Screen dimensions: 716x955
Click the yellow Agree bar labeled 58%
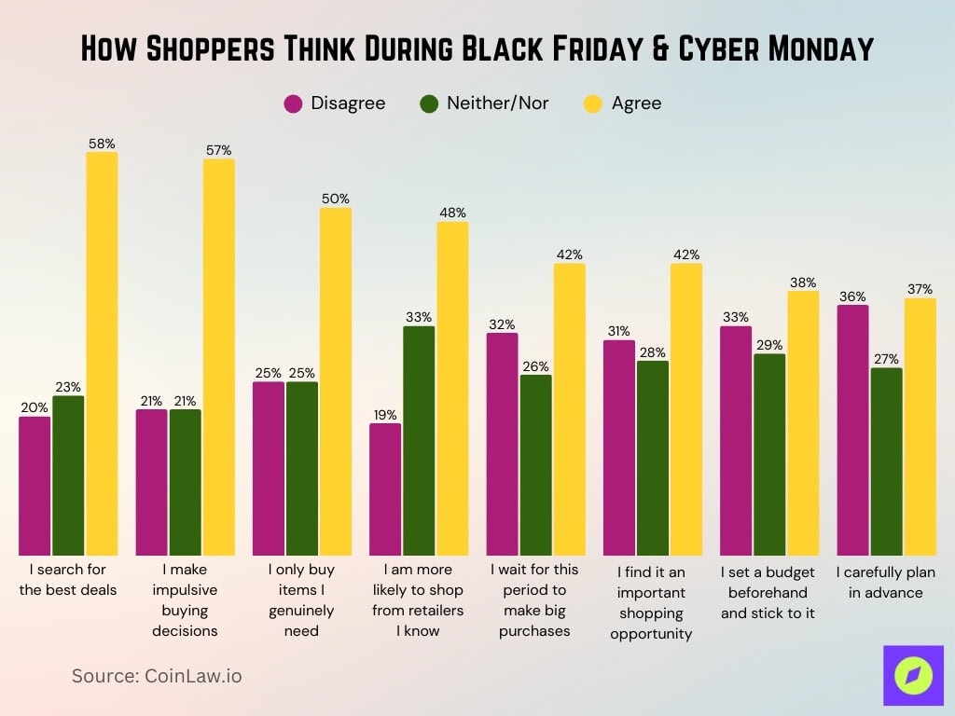103,354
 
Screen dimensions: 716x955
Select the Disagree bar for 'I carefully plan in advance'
852,430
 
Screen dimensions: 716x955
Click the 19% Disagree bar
385,489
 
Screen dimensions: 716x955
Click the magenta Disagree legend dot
293,103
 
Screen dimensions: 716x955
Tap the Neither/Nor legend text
497,103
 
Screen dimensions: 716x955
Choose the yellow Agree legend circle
593,103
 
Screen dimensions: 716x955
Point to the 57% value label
219,150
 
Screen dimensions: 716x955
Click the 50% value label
336,199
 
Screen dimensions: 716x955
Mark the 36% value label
852,296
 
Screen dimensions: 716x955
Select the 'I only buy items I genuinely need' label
301,600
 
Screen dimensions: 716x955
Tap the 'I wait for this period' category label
534,600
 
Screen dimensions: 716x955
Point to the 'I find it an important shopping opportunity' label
652,601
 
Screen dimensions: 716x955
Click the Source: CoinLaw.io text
157,676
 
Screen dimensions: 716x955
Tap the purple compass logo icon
913,675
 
